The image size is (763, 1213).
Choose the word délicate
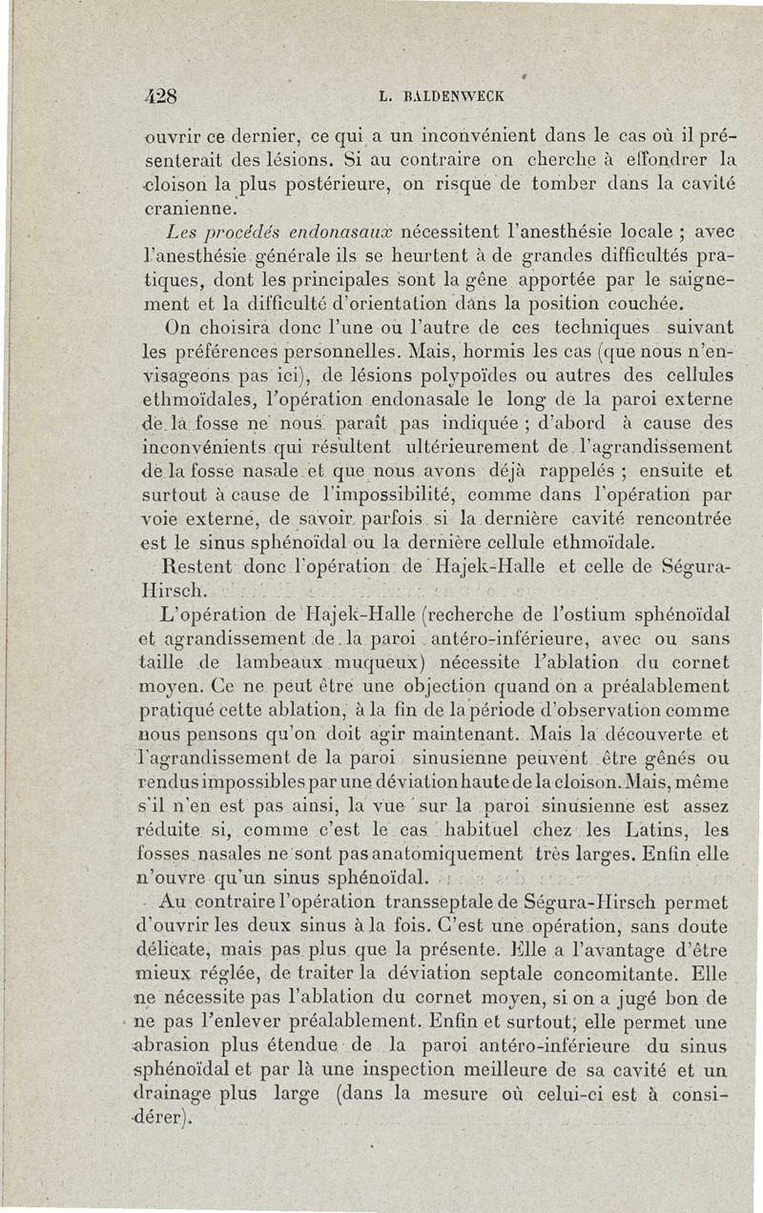pos(186,952)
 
